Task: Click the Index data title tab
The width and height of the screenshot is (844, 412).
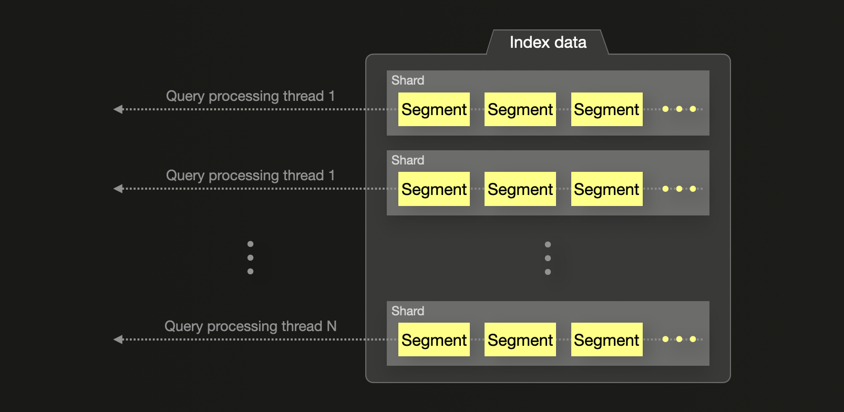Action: (x=548, y=43)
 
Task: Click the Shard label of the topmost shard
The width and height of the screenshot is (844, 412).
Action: (x=408, y=80)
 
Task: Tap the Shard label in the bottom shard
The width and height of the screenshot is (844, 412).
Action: (x=408, y=311)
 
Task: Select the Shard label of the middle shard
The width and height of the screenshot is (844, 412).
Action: (x=408, y=160)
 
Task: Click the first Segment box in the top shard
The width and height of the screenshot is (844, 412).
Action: (x=434, y=109)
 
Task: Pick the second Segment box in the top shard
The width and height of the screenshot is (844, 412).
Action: (x=520, y=109)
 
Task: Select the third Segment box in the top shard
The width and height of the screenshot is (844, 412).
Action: (x=606, y=109)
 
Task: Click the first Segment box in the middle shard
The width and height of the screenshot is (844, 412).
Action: (x=434, y=189)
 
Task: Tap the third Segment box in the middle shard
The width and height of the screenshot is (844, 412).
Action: (x=606, y=189)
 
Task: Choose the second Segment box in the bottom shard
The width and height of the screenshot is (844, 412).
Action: (x=520, y=340)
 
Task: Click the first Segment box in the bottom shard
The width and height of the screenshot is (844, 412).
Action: (x=434, y=340)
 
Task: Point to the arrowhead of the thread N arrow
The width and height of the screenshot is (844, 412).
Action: (x=118, y=339)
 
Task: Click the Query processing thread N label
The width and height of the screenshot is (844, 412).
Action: (x=250, y=326)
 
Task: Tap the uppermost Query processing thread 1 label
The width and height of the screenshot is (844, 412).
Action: (x=250, y=96)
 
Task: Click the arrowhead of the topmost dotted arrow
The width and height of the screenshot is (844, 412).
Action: (x=118, y=109)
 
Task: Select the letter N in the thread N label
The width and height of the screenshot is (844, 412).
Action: (x=332, y=326)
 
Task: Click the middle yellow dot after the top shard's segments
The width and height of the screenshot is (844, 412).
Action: (x=680, y=109)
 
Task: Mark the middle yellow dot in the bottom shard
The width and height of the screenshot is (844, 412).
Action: (x=680, y=339)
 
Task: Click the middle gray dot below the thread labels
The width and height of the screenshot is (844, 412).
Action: (x=250, y=257)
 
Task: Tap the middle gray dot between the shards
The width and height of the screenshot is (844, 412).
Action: (x=548, y=258)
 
